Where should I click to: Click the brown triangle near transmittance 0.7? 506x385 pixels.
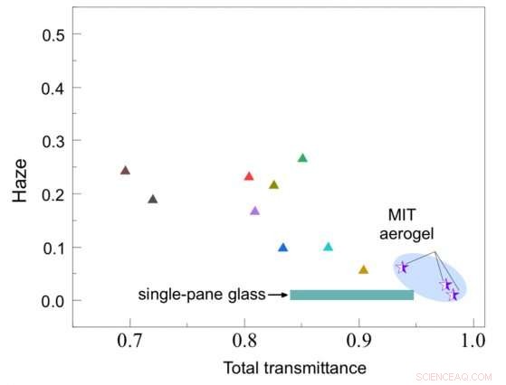pos(125,171)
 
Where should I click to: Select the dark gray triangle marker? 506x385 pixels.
pos(152,200)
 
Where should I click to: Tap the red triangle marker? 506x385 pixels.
pos(249,176)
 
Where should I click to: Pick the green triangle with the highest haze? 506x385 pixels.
pos(302,158)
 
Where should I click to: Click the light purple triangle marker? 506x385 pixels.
pos(254,211)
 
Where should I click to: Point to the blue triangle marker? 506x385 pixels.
pos(282,248)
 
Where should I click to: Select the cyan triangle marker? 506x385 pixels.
pos(328,247)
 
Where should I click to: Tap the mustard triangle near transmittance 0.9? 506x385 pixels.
pos(363,269)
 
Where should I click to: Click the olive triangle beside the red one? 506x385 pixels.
pos(273,185)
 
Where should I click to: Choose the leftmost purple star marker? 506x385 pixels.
pos(403,267)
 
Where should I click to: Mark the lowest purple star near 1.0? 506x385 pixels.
pos(453,295)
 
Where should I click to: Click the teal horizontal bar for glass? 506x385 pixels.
pos(351,295)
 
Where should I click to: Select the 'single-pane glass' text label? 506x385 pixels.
pos(202,295)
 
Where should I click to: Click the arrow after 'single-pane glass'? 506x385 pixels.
pos(278,295)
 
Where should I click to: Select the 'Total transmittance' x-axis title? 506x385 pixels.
pos(294,368)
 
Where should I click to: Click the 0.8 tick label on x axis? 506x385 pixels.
pos(244,342)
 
